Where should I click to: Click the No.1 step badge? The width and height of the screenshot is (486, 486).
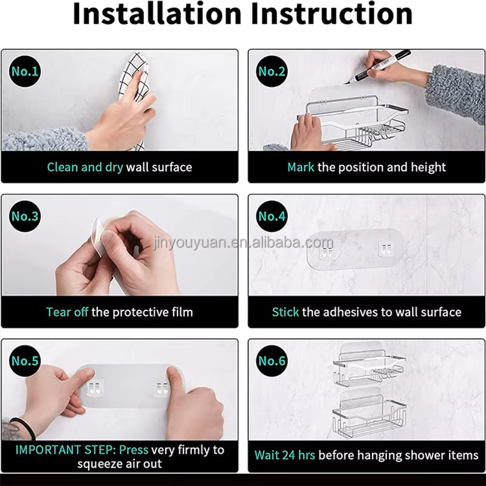pos(25,71)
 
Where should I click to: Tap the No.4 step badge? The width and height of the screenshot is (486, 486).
pos(272,216)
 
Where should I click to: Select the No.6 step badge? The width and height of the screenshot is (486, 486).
pos(272,361)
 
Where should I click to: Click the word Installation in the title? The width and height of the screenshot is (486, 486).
pos(157,14)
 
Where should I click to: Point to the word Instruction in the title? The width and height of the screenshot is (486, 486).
pos(332,14)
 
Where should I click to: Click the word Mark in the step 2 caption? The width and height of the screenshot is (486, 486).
pos(301,168)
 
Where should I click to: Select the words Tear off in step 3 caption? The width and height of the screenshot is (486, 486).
pos(67,312)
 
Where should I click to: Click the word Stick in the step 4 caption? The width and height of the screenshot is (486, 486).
pos(286,312)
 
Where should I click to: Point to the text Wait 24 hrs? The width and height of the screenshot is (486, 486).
pos(285,455)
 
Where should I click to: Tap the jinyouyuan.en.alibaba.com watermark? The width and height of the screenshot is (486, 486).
pos(244,242)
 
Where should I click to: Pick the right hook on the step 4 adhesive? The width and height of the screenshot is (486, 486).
pos(385,250)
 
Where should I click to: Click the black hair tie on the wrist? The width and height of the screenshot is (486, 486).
pos(25,427)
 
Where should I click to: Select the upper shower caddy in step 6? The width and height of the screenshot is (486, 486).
pos(369,365)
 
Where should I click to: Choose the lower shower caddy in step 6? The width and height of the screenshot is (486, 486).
pos(369,413)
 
